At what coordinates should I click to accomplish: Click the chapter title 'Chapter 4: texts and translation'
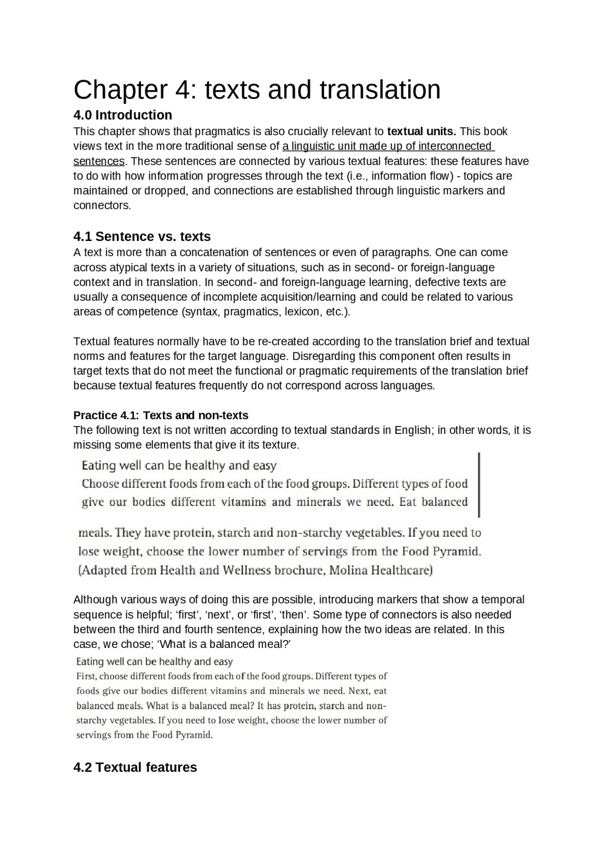pyautogui.click(x=257, y=90)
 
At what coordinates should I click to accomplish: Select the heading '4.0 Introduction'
pyautogui.click(x=122, y=115)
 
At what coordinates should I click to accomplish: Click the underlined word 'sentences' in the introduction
pyautogui.click(x=99, y=161)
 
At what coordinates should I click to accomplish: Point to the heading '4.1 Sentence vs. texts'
pyautogui.click(x=142, y=236)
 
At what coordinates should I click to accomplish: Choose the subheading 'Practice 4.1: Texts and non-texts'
pyautogui.click(x=161, y=416)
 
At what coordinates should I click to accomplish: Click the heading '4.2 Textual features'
pyautogui.click(x=135, y=767)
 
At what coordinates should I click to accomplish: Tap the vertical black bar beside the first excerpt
pyautogui.click(x=479, y=485)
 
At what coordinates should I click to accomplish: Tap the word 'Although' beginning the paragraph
pyautogui.click(x=95, y=600)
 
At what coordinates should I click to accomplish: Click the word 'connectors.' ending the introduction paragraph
pyautogui.click(x=102, y=206)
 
